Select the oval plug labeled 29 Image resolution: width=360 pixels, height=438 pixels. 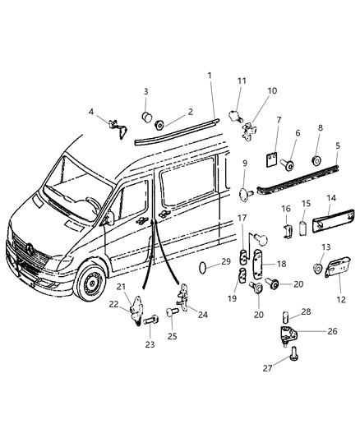(203, 267)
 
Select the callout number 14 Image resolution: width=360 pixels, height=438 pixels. (330, 198)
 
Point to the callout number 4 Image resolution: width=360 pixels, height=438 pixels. (90, 111)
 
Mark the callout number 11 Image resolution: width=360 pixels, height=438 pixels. (242, 81)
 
